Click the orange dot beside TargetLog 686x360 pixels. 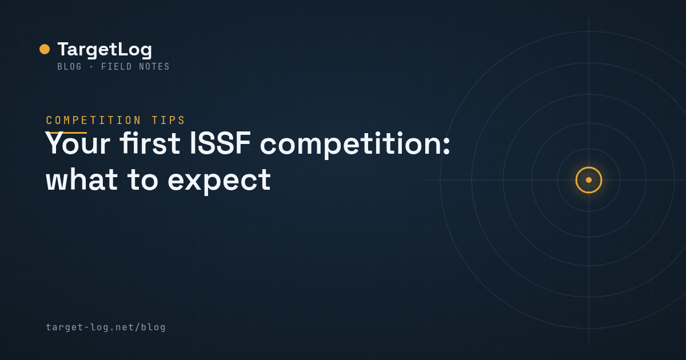pyautogui.click(x=45, y=49)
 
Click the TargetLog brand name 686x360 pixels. pyautogui.click(x=105, y=50)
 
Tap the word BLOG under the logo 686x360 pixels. pyautogui.click(x=70, y=66)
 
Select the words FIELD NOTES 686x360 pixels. pyautogui.click(x=135, y=66)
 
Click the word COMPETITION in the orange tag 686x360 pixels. pyautogui.click(x=93, y=121)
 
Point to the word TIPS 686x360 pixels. pyautogui.click(x=168, y=121)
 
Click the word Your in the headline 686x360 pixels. pyautogui.click(x=78, y=143)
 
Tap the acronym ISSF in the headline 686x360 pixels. pyautogui.click(x=221, y=143)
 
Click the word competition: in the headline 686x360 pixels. pyautogui.click(x=355, y=145)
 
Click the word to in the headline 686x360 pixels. pyautogui.click(x=143, y=180)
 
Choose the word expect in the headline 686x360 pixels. pyautogui.click(x=220, y=181)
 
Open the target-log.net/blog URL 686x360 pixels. pyautogui.click(x=106, y=327)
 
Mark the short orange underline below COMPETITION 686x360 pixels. pyautogui.click(x=66, y=133)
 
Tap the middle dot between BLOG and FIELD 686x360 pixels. pyautogui.click(x=91, y=67)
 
